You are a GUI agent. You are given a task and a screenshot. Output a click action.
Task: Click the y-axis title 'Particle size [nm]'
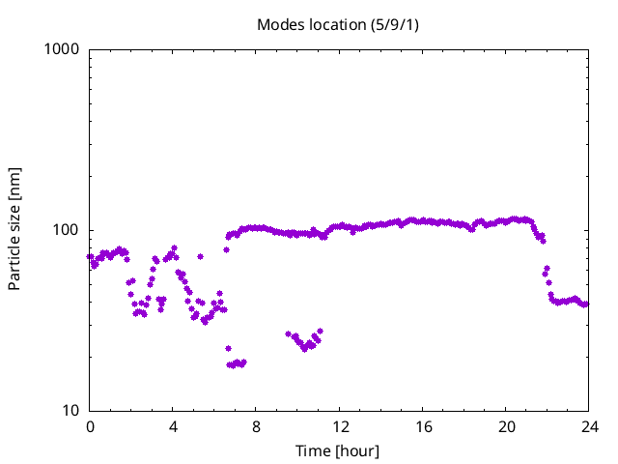point(14,229)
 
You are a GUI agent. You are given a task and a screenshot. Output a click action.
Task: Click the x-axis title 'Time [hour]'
point(338,450)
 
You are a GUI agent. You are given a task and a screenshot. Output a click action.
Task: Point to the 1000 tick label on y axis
point(62,49)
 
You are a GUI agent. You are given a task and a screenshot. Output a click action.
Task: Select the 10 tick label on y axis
point(70,411)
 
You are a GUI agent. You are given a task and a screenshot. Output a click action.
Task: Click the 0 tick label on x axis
point(90,427)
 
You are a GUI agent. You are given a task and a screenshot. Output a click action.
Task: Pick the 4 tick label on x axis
point(173,427)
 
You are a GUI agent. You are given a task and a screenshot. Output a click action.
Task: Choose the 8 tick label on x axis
point(256,427)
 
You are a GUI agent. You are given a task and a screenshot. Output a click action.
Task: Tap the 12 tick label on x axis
point(339,427)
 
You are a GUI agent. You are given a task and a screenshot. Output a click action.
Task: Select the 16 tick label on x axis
point(423,427)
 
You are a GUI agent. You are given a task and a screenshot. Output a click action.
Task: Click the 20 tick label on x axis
point(506,427)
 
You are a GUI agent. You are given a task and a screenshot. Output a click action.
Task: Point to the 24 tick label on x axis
point(589,427)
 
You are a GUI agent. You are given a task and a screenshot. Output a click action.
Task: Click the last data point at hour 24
point(586,304)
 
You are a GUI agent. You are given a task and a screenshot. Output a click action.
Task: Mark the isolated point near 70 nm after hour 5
point(200,256)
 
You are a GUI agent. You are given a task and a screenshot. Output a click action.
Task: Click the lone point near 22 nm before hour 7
point(228,348)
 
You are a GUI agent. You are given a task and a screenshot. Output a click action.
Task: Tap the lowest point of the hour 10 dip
point(304,349)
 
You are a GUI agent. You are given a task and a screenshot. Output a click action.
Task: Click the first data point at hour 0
point(90,257)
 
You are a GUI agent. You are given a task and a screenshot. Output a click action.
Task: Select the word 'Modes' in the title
point(279,23)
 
